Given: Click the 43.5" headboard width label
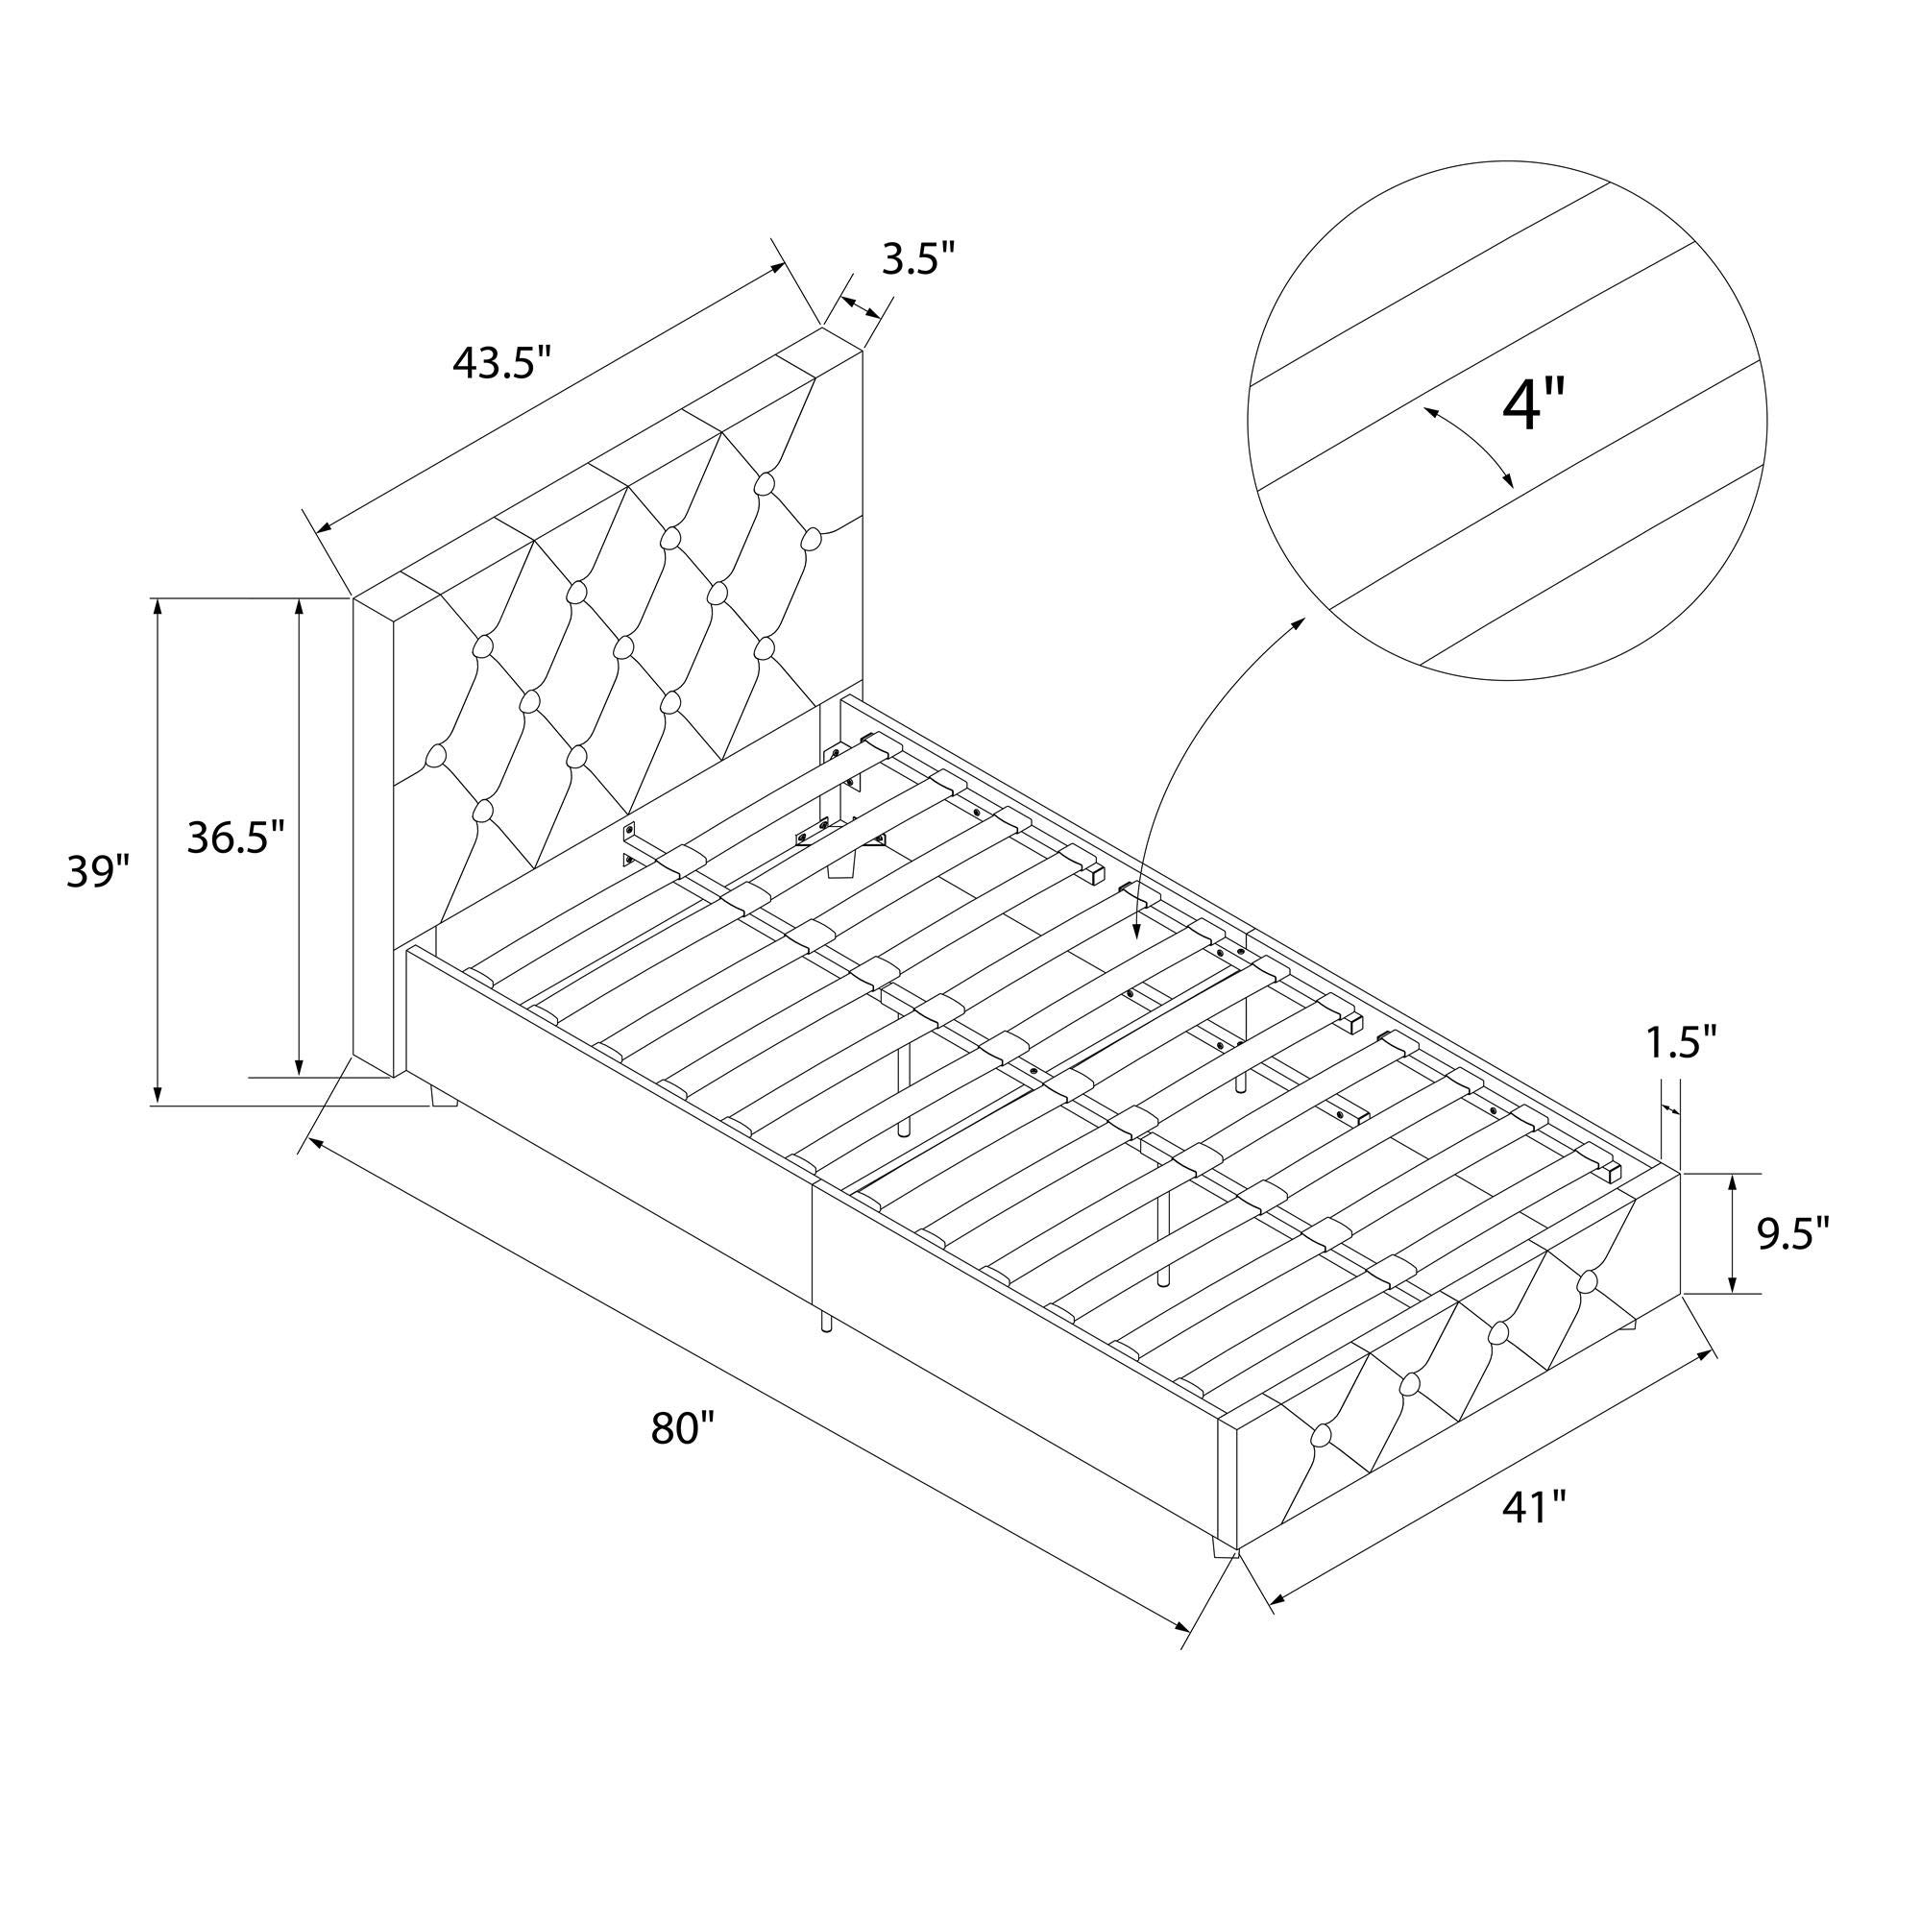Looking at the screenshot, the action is [x=501, y=362].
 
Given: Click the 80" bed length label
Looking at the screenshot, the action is [x=683, y=1429].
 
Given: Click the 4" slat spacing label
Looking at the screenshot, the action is [x=1532, y=404].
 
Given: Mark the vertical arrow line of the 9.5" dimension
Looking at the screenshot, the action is [x=1733, y=1234].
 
